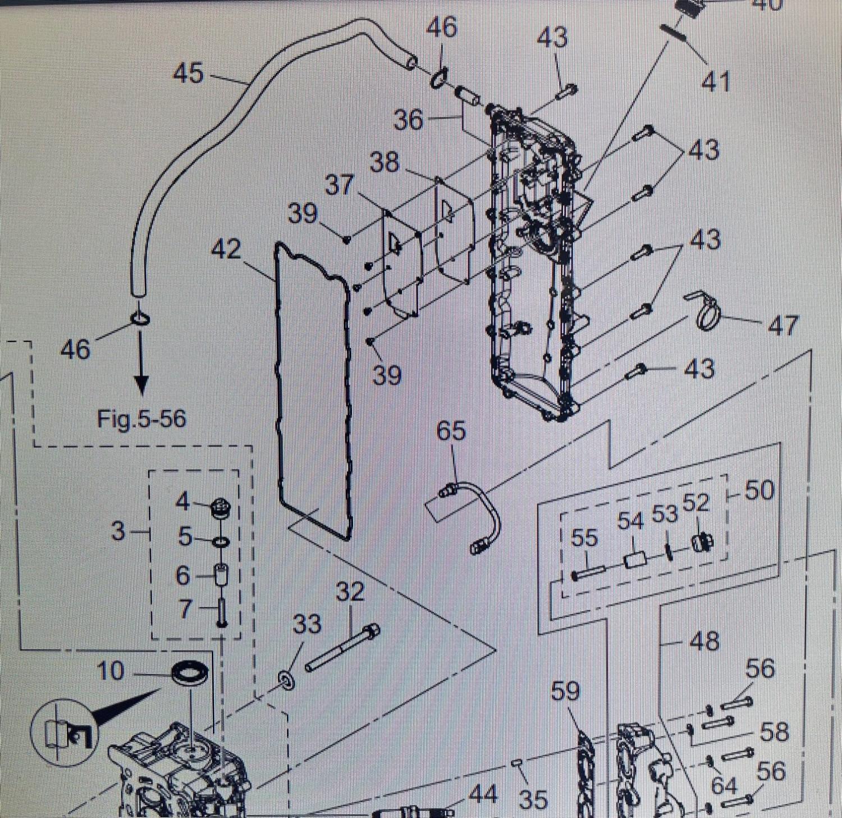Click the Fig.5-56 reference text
[x=141, y=419]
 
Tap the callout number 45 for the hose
[x=189, y=74]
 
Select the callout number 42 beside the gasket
[x=226, y=249]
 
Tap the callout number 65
[x=451, y=431]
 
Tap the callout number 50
[x=759, y=490]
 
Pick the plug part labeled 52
[x=702, y=543]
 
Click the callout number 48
[x=704, y=641]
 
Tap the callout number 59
[x=565, y=691]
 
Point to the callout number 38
[x=385, y=163]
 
